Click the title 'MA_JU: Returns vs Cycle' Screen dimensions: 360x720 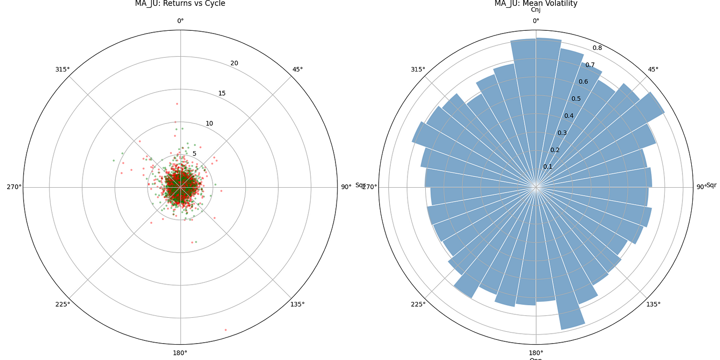(x=180, y=4)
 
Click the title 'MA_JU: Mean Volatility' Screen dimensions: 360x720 (x=536, y=4)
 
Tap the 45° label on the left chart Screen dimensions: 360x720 (x=298, y=69)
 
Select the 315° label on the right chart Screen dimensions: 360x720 (x=418, y=69)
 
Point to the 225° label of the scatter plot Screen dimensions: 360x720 (x=62, y=304)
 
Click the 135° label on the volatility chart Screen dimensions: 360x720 (x=653, y=304)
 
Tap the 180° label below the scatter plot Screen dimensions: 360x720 (x=180, y=353)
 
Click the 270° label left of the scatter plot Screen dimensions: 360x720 (x=14, y=187)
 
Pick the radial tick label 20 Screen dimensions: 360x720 (x=234, y=63)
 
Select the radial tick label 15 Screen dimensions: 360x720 (x=222, y=93)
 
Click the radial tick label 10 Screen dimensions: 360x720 (x=209, y=123)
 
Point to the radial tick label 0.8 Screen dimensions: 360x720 (x=597, y=48)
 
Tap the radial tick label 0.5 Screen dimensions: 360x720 (x=576, y=99)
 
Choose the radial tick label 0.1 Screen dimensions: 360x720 (x=548, y=167)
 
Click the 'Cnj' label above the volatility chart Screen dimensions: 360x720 (x=536, y=10)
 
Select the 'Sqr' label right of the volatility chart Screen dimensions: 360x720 (x=711, y=185)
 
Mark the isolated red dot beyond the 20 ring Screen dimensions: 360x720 (x=226, y=330)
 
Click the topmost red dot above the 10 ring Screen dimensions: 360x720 (x=177, y=104)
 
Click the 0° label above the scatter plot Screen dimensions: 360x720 (x=180, y=21)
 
